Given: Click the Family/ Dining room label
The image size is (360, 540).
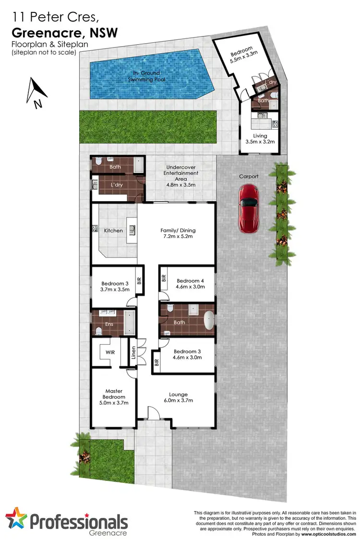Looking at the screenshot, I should point(178,234).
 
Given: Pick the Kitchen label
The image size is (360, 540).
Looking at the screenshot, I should point(113,231).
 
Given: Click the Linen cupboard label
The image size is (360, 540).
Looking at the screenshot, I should point(133,355).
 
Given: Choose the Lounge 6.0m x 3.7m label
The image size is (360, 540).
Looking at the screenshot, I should point(178,397).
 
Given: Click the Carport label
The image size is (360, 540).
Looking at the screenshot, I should point(249,177).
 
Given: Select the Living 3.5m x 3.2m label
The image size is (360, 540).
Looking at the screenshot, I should point(262,139).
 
